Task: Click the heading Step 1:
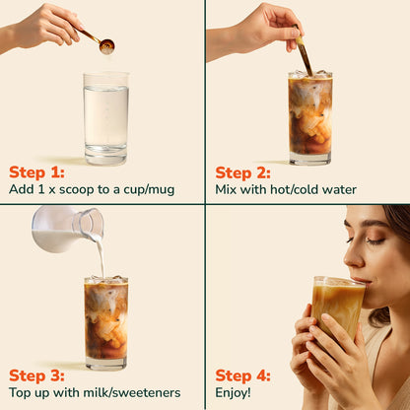36,171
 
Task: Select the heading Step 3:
37,376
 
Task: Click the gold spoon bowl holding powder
106,45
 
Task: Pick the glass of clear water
105,118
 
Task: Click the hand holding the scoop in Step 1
44,25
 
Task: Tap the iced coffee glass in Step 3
105,321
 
